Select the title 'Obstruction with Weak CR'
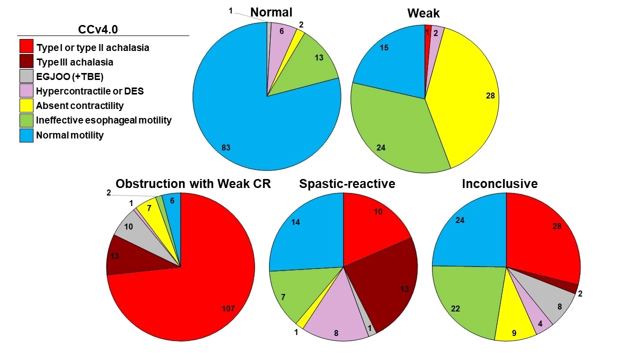(193, 184)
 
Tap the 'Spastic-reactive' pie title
(347, 184)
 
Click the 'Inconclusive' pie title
(499, 184)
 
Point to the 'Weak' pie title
(423, 12)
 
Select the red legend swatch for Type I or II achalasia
(26, 46)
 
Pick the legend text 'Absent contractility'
(79, 106)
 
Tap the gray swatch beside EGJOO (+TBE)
(26, 76)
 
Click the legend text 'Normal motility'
(69, 135)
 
